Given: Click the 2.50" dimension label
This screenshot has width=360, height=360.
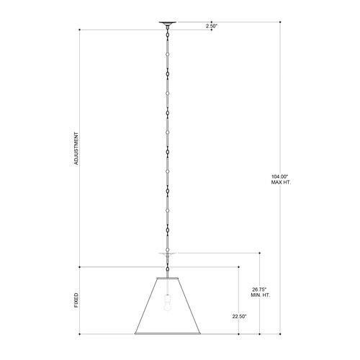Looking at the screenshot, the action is tap(212, 27).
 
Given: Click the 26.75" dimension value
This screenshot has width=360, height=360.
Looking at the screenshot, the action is tap(261, 289).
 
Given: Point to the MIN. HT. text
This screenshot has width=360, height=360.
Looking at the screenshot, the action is tap(261, 295).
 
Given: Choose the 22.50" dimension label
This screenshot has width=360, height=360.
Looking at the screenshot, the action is tap(239, 316).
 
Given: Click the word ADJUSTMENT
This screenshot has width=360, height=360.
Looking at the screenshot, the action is tap(76, 148).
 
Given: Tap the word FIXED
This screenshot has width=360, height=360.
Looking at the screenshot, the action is tap(76, 300).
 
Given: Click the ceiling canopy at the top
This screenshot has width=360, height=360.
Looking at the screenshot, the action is tap(168, 23).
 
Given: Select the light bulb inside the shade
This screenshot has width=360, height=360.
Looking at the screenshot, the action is tap(167, 303).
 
